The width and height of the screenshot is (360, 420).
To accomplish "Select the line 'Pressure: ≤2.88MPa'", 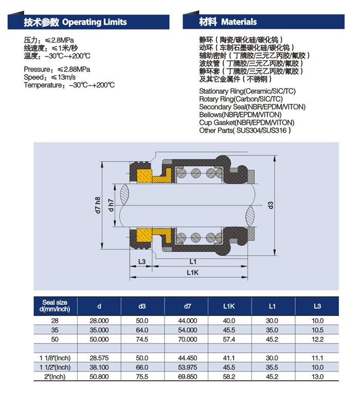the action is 57,69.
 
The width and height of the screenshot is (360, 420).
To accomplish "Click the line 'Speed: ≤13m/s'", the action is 49,77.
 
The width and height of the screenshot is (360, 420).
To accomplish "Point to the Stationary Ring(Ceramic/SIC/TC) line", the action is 247,91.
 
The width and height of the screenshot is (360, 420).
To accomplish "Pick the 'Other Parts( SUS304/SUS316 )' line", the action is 245,130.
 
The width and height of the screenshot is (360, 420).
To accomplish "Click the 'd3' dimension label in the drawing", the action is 271,205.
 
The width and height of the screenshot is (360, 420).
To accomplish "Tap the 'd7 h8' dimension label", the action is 98,205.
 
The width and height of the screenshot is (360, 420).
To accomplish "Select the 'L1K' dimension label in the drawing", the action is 192,272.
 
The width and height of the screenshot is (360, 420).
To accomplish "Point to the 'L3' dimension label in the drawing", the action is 142,261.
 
